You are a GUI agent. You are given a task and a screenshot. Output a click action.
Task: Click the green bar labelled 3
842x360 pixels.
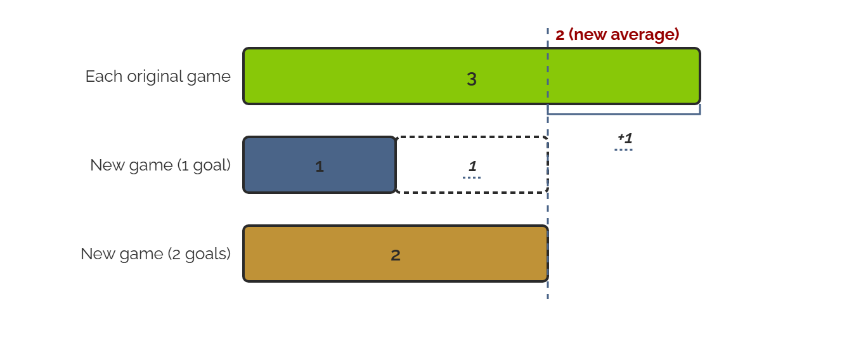click(x=472, y=76)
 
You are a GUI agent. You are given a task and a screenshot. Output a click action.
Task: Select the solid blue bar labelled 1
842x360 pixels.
click(x=320, y=165)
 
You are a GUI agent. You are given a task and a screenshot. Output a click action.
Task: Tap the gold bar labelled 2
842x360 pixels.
click(x=396, y=254)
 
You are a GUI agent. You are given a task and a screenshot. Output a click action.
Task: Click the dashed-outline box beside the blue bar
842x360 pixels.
click(x=472, y=137)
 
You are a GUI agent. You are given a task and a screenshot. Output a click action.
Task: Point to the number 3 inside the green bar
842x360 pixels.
click(x=472, y=79)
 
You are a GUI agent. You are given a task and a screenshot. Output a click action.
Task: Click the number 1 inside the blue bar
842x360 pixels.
click(x=320, y=167)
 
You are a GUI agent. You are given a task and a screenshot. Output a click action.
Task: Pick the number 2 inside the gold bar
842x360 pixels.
click(x=396, y=255)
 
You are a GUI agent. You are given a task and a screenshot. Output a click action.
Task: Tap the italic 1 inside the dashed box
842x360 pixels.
click(x=472, y=166)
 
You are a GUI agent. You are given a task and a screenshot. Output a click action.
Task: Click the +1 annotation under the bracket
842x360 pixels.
click(x=625, y=138)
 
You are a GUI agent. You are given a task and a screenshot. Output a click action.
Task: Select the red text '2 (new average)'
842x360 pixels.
click(x=617, y=35)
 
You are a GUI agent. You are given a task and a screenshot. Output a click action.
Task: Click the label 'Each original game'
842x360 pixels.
click(x=158, y=77)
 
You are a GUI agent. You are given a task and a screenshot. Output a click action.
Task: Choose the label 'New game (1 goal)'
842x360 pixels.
click(x=160, y=165)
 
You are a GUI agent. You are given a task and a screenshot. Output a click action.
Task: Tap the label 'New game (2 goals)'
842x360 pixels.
click(x=155, y=254)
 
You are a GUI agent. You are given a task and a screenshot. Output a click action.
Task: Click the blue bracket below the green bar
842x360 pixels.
click(x=624, y=113)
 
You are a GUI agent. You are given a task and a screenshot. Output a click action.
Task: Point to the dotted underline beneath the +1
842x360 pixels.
click(x=624, y=150)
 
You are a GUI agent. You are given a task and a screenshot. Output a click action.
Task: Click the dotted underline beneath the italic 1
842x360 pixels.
click(x=472, y=177)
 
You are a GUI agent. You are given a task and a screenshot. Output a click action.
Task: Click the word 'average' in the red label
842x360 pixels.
click(x=645, y=35)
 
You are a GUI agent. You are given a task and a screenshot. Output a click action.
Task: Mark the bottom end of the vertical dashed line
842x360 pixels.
click(x=548, y=299)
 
